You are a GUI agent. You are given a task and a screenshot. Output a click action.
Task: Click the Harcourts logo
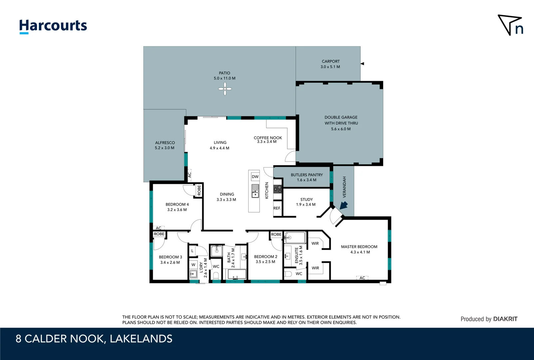pyautogui.click(x=53, y=26)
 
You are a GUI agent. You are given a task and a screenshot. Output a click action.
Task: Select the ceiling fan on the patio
pyautogui.click(x=225, y=89)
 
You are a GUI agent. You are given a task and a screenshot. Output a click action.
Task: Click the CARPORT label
pyautogui.click(x=331, y=61)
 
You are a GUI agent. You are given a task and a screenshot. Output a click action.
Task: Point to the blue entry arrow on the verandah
pyautogui.click(x=343, y=205)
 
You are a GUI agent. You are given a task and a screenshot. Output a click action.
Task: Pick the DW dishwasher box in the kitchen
pyautogui.click(x=255, y=177)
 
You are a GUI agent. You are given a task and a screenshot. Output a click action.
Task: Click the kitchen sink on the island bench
pyautogui.click(x=255, y=191)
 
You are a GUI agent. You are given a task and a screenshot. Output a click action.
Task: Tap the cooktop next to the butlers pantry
pyautogui.click(x=277, y=189)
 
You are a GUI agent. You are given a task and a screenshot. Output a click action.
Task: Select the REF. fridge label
pyautogui.click(x=277, y=208)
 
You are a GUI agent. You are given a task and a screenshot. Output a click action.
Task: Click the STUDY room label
pyautogui.click(x=306, y=199)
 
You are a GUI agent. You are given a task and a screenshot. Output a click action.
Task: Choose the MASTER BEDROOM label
pyautogui.click(x=359, y=247)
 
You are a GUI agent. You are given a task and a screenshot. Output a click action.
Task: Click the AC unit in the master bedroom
pyautogui.click(x=362, y=278)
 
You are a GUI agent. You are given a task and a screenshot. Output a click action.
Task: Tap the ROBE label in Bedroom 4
pyautogui.click(x=199, y=190)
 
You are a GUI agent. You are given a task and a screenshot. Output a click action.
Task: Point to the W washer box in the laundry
pyautogui.click(x=193, y=265)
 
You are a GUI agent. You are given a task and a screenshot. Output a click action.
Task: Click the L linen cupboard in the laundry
pyautogui.click(x=193, y=251)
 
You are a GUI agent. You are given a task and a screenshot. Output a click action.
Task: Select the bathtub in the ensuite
pyautogui.click(x=295, y=238)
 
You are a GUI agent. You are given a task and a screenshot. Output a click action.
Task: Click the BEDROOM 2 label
pyautogui.click(x=266, y=257)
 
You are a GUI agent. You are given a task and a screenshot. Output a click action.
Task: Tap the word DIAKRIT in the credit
pyautogui.click(x=505, y=319)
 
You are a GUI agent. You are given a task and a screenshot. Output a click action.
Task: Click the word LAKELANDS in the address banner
pyautogui.click(x=141, y=339)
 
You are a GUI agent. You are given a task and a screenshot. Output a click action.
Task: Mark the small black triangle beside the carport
pyautogui.click(x=362, y=64)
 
